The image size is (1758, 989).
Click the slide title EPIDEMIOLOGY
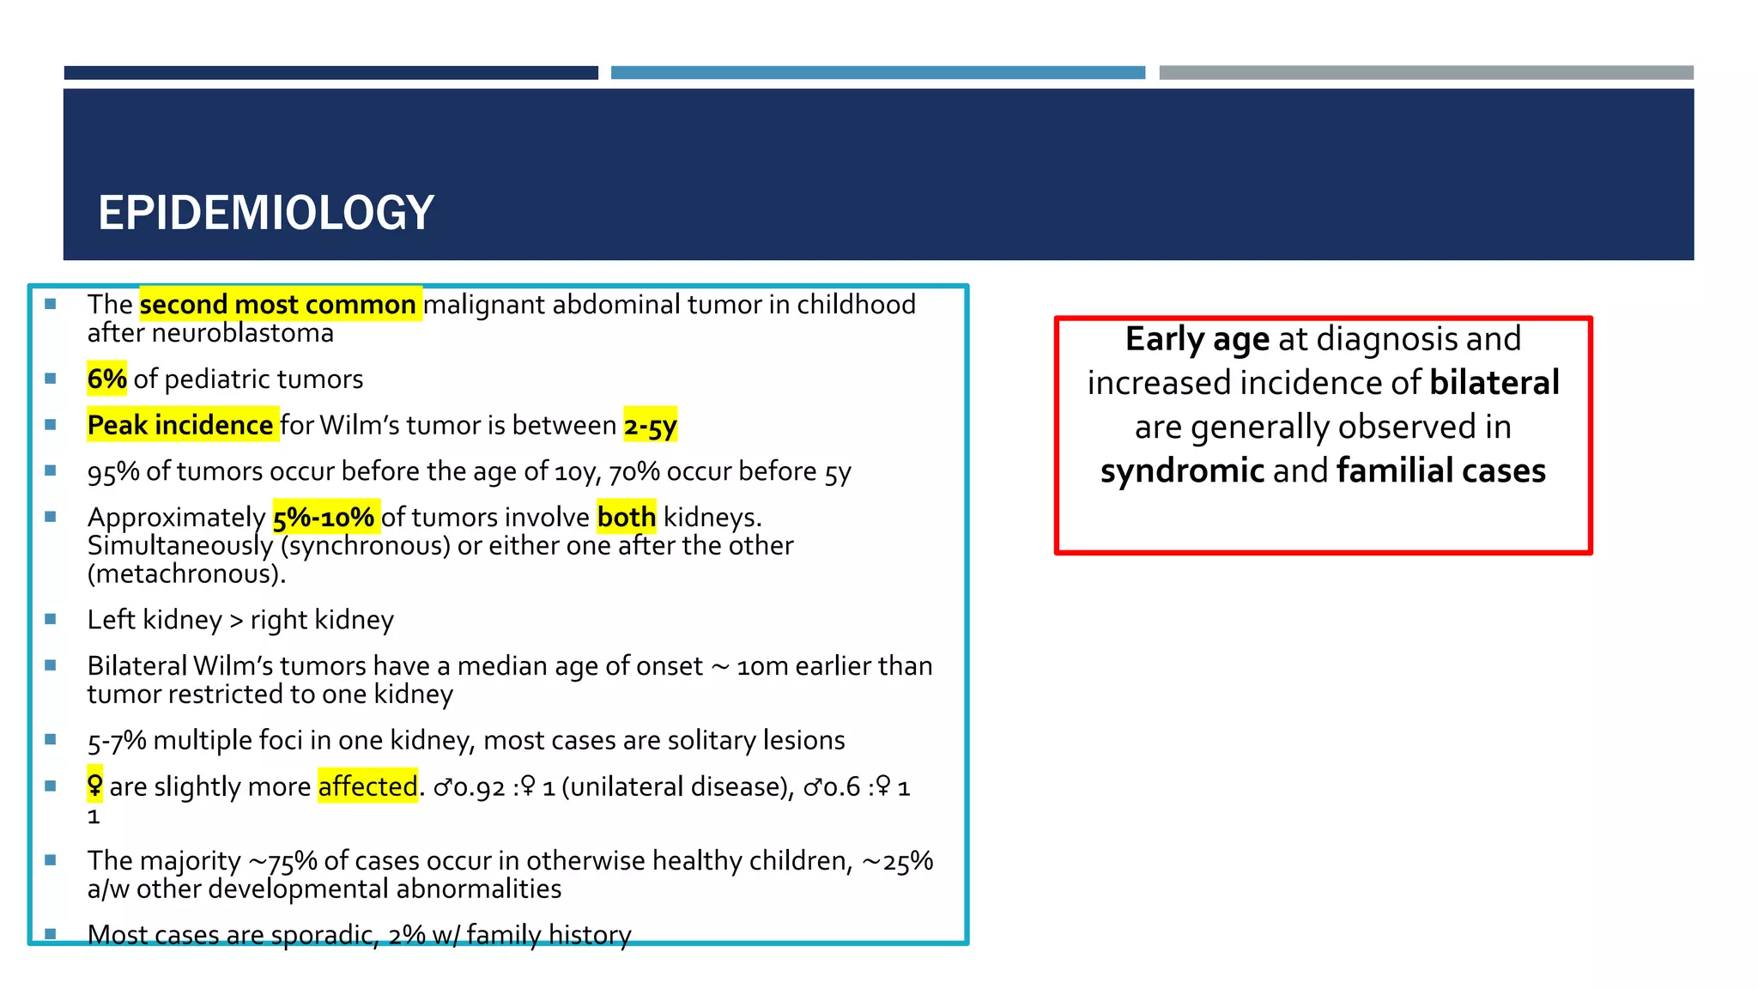(265, 213)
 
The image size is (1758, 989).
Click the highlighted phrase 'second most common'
(278, 305)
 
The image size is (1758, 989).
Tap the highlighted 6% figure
(106, 379)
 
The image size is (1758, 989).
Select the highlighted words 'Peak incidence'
(181, 425)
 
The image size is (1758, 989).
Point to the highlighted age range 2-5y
(650, 425)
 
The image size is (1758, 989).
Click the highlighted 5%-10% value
(324, 517)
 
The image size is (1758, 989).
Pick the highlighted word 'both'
(626, 517)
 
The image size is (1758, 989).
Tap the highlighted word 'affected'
(367, 786)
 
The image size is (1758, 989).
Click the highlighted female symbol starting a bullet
(94, 785)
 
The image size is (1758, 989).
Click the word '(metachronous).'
(186, 573)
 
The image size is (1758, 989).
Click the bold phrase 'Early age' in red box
(1197, 339)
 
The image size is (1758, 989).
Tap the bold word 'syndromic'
(1182, 470)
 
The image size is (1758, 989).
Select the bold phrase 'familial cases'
(1440, 470)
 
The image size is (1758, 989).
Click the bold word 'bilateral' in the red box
(1494, 383)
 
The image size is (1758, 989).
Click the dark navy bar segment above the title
(330, 73)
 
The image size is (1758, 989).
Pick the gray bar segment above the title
(1426, 73)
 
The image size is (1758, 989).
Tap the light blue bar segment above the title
(877, 73)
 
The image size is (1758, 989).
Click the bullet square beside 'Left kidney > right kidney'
(51, 619)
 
